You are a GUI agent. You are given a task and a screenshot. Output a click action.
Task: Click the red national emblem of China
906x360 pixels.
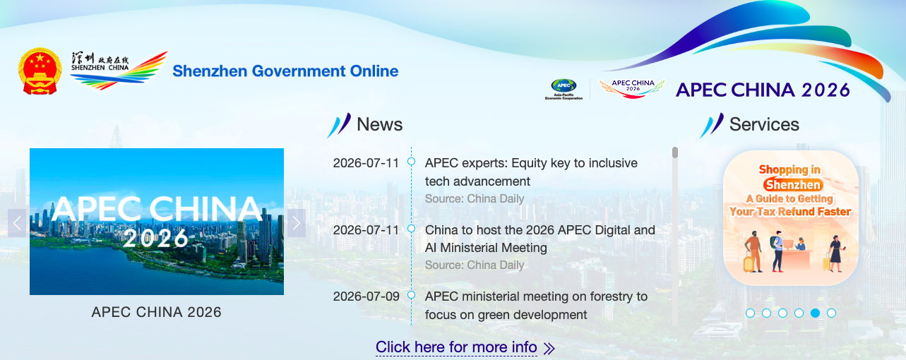(40, 71)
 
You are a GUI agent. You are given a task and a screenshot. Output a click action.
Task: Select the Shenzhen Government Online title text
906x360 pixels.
(285, 71)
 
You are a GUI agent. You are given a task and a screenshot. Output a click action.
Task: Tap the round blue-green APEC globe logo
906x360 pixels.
(564, 85)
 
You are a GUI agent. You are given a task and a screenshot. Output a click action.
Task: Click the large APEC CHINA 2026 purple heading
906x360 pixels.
(763, 90)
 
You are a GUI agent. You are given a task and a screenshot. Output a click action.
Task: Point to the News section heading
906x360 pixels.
(379, 124)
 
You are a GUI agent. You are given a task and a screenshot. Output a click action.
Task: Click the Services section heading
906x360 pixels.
(764, 124)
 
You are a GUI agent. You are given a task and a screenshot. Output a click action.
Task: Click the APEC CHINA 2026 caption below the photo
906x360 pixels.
(157, 312)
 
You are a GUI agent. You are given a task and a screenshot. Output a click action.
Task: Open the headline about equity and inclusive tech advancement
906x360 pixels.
(531, 172)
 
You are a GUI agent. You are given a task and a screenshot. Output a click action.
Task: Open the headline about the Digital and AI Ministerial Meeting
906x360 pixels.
(540, 239)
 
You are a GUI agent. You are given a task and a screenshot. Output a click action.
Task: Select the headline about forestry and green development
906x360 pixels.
(536, 306)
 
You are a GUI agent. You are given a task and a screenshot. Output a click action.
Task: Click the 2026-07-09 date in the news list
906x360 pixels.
(366, 296)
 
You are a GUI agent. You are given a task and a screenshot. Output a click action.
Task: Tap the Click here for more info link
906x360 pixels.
(456, 347)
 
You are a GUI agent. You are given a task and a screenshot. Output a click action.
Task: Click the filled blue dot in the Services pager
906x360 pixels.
(815, 313)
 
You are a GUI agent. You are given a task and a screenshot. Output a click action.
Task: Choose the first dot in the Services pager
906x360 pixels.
(750, 313)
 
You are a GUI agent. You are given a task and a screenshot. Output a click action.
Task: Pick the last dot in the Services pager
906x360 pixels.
(831, 313)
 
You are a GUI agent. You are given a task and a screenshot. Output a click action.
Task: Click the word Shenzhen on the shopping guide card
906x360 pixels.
(793, 185)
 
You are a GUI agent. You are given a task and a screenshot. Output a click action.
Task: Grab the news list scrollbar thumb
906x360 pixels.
(674, 152)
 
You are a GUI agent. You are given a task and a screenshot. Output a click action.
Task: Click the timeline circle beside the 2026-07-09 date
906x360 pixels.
(412, 295)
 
